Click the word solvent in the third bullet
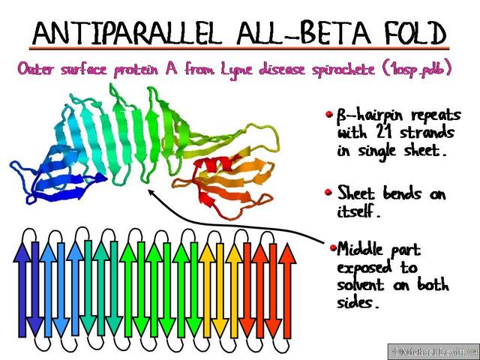pos(364,285)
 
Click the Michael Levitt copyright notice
pos(433,351)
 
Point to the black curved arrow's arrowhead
pos(152,193)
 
